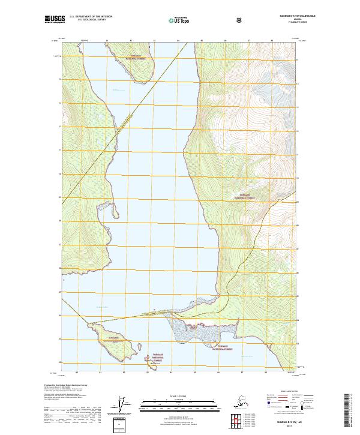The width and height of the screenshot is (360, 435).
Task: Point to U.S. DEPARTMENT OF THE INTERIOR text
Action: (x=91, y=16)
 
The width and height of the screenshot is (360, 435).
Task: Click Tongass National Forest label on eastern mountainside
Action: (x=247, y=196)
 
